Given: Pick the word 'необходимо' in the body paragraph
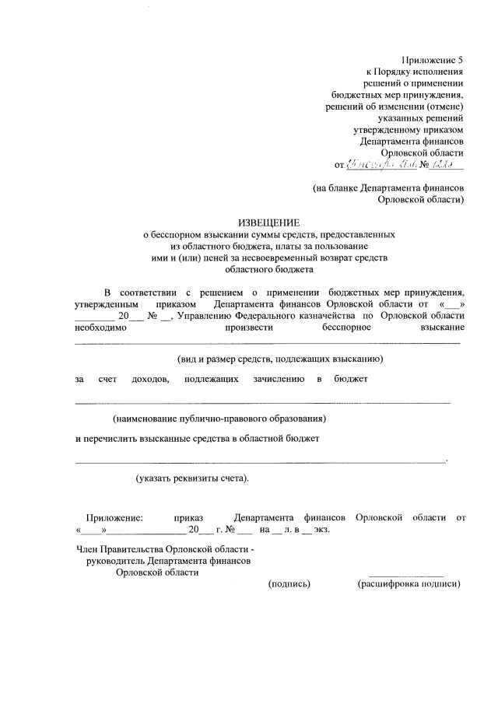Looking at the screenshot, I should [98, 328].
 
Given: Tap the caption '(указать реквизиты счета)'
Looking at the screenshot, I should [191, 478].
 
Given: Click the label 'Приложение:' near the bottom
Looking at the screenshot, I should [114, 517].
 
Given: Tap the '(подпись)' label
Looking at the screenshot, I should [289, 584].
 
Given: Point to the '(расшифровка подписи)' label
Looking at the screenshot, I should [409, 584].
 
